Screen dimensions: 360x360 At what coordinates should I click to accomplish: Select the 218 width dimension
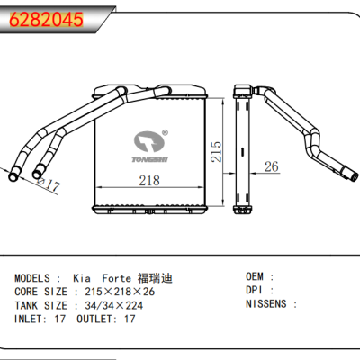click(x=149, y=181)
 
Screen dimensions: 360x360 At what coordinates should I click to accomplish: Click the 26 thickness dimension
click(x=271, y=166)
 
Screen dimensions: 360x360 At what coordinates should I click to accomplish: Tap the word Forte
click(x=116, y=278)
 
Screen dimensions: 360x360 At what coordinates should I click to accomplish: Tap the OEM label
click(x=256, y=278)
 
